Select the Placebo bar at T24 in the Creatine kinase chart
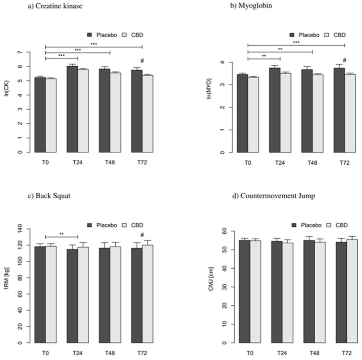[x=72, y=109]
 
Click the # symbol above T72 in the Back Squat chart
[x=142, y=234]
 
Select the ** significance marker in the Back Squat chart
[x=61, y=234]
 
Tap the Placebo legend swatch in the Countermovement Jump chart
[x=294, y=225]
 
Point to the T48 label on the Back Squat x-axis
[x=110, y=353]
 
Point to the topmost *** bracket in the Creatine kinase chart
[x=94, y=43]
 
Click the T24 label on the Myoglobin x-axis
[x=280, y=162]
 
